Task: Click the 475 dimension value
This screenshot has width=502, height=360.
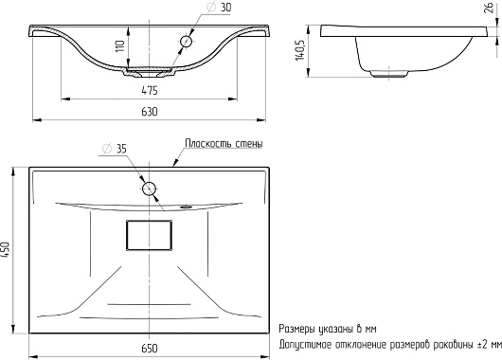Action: [x=150, y=91]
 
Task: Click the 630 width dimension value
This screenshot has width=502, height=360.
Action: [x=150, y=112]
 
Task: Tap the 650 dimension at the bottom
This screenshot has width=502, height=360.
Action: [x=150, y=348]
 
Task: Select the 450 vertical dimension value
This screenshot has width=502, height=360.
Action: [x=6, y=250]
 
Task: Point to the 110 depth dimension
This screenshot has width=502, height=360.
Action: [x=119, y=46]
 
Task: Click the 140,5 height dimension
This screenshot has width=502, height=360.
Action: [x=300, y=49]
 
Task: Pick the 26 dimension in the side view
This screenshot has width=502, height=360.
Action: [x=489, y=9]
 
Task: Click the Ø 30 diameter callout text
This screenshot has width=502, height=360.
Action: [x=220, y=7]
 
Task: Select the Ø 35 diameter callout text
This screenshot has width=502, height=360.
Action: [x=114, y=149]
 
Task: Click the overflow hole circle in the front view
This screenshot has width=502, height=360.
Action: [x=186, y=42]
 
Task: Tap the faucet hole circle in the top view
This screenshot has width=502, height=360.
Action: [x=149, y=189]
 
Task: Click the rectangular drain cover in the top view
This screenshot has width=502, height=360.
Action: [x=149, y=235]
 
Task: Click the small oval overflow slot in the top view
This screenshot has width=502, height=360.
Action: [x=186, y=207]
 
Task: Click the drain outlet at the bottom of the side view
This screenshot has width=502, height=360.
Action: [x=388, y=74]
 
